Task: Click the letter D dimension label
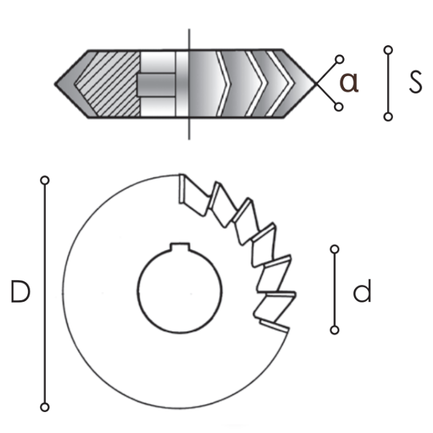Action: point(20,291)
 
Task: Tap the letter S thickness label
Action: point(415,82)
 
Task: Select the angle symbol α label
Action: point(349,82)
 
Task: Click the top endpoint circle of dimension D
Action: point(45,181)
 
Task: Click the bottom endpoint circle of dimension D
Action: point(45,407)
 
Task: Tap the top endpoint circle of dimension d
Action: point(335,249)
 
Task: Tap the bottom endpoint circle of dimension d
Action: point(335,330)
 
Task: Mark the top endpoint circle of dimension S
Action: point(388,50)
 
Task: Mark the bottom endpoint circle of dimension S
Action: point(388,117)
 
